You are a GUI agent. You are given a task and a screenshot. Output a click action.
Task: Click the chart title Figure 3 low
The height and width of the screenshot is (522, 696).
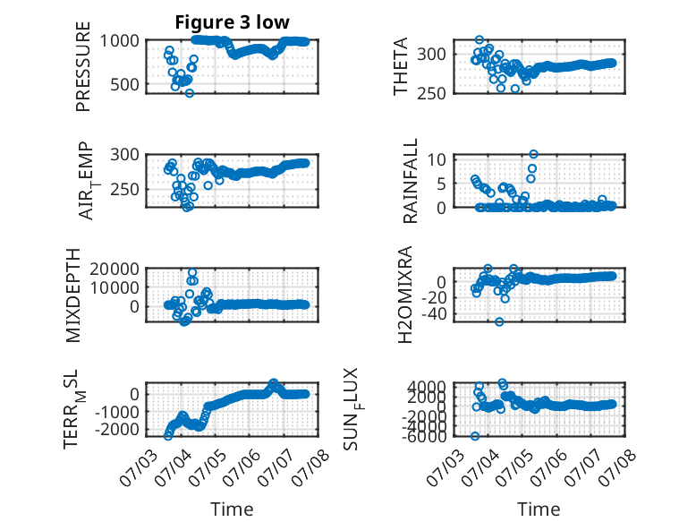click(232, 22)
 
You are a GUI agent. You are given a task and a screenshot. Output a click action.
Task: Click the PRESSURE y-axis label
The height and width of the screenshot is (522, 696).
click(83, 66)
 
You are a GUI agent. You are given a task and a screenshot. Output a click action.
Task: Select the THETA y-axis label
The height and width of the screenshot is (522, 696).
click(401, 66)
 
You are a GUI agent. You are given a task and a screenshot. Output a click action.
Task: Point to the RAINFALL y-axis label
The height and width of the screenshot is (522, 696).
click(410, 180)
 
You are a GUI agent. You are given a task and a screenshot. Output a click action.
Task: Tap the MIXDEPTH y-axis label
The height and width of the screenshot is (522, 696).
click(72, 295)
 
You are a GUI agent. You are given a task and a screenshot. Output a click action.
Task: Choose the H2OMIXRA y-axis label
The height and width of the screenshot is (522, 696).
click(405, 295)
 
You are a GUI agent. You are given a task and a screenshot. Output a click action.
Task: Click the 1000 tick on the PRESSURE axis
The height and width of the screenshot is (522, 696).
click(119, 41)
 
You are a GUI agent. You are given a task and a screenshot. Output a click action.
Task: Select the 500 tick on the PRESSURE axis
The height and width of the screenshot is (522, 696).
click(124, 84)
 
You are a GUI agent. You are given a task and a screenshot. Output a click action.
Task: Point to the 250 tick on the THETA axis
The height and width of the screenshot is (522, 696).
click(431, 93)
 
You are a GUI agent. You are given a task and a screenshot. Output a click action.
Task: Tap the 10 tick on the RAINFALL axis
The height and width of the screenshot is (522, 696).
click(437, 159)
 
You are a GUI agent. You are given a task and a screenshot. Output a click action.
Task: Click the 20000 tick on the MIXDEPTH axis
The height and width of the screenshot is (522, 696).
click(115, 269)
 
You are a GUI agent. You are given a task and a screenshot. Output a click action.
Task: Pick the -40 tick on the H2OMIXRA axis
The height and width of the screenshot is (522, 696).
click(434, 314)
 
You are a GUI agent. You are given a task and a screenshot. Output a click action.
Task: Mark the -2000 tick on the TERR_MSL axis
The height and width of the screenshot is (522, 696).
click(116, 430)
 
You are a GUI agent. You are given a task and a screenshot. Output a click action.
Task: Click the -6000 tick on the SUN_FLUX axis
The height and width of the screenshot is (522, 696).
click(425, 437)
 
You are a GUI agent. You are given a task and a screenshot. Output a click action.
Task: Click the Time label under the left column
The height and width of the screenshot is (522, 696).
click(232, 509)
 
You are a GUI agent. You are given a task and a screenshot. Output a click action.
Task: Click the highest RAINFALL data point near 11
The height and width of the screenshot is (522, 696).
click(533, 154)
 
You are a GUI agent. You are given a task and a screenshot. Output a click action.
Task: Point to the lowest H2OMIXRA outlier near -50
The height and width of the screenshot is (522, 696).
click(499, 321)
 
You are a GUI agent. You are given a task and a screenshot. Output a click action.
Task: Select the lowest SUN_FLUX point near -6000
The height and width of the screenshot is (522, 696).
click(475, 436)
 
